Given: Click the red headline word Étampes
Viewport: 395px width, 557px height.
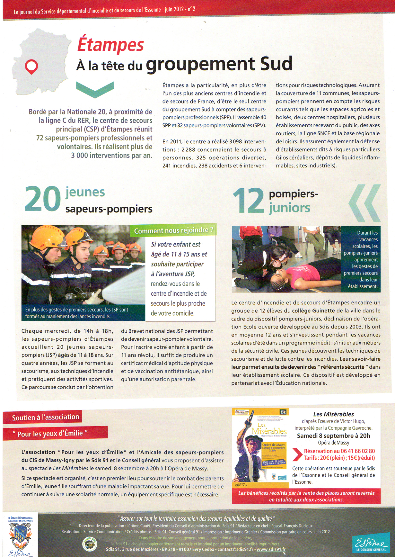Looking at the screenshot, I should tap(110, 45).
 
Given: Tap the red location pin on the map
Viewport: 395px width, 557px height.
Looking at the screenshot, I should tap(31, 66).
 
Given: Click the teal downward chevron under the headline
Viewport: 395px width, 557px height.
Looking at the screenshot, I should tap(95, 89).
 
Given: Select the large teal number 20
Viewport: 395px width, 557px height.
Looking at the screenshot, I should tap(43, 200).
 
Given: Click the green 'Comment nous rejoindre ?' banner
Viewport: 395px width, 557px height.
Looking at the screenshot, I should tap(173, 230).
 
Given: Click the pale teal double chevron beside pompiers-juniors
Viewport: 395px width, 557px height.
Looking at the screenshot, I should tap(365, 203).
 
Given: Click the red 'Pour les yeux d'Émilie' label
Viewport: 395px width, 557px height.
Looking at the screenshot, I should tap(50, 434).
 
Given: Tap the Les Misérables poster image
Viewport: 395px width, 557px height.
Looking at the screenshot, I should tap(260, 445).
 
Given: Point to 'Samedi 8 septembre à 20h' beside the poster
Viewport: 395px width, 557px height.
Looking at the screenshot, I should tap(333, 436).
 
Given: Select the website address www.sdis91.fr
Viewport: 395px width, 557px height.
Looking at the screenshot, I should tap(271, 549).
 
